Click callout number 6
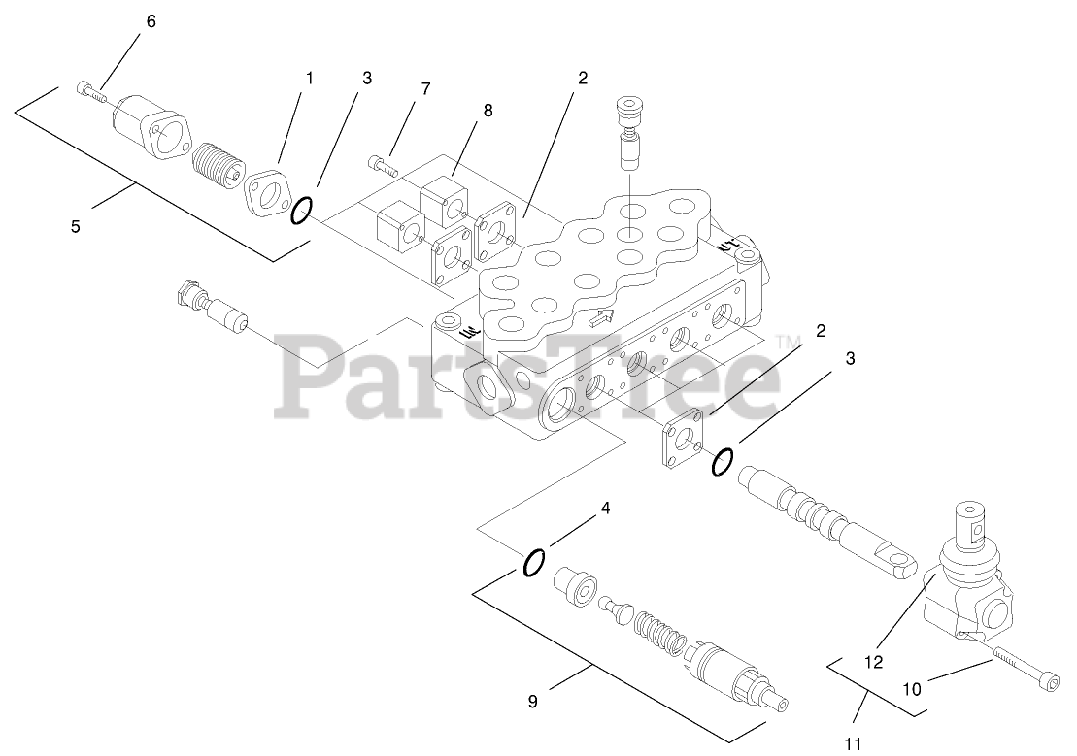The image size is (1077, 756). [151, 22]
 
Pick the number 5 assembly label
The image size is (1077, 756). [76, 227]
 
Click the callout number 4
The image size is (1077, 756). [605, 508]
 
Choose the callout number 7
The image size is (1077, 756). [425, 88]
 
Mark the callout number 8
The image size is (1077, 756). [488, 111]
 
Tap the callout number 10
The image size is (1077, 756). [913, 688]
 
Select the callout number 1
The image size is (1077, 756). [310, 77]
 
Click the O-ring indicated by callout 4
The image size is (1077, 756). [534, 563]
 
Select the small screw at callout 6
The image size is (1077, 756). [90, 91]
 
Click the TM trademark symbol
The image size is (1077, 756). [788, 341]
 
